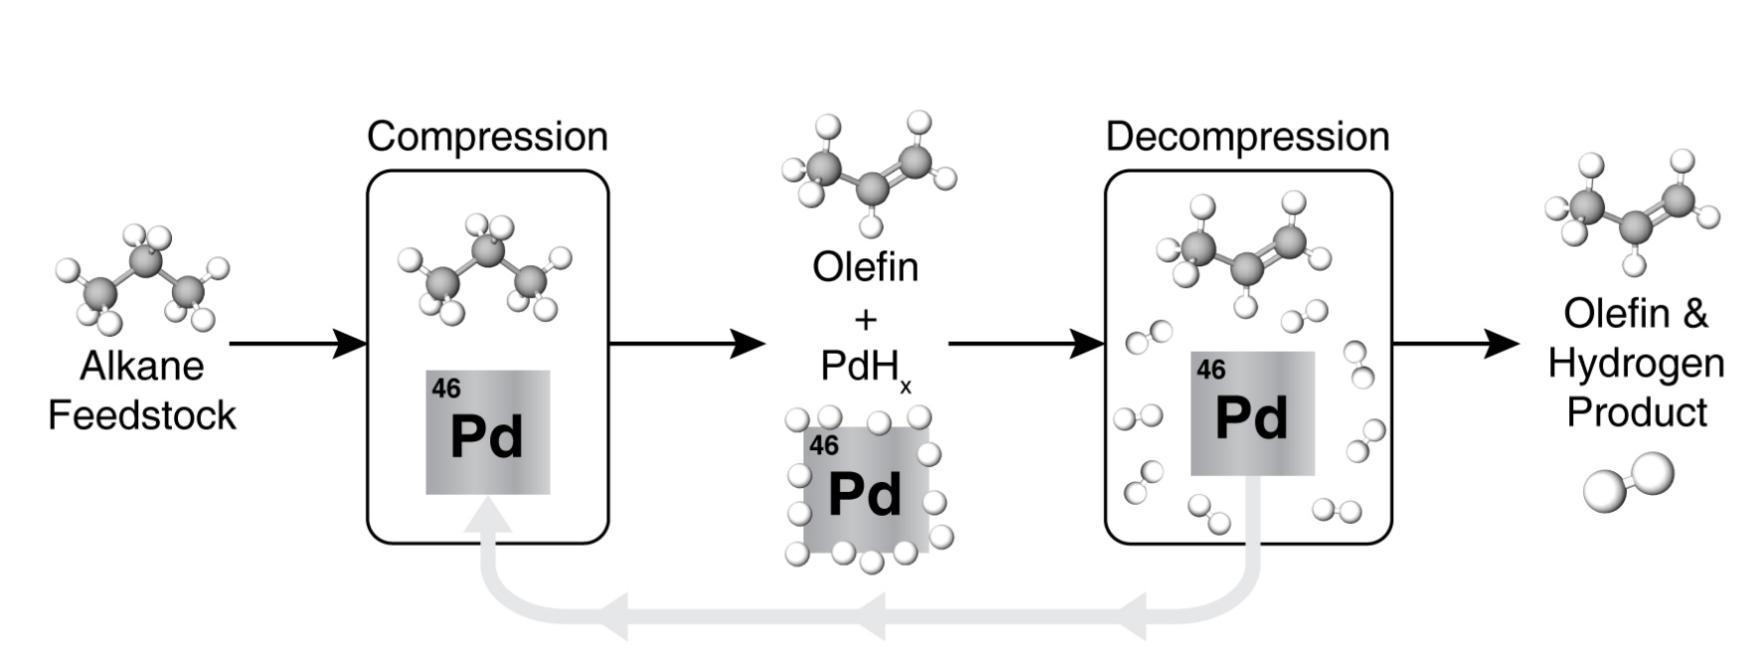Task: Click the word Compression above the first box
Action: [x=487, y=136]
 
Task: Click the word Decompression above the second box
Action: [x=1247, y=136]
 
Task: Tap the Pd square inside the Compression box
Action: [x=487, y=432]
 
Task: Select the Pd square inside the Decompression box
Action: [x=1252, y=414]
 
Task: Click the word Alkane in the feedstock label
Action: [x=142, y=366]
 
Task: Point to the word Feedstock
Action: [x=142, y=415]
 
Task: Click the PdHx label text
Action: [x=863, y=367]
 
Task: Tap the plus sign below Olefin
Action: [x=865, y=319]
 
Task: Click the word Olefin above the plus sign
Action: [x=865, y=266]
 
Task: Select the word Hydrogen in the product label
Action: [x=1636, y=364]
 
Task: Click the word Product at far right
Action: [x=1637, y=412]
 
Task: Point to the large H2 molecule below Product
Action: [x=1628, y=483]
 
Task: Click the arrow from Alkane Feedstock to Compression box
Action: [x=298, y=344]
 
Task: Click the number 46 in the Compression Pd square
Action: [x=446, y=388]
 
